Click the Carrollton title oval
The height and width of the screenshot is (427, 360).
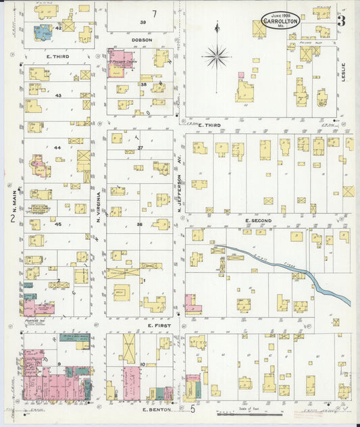[x=280, y=21]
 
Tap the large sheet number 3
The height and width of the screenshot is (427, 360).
[x=342, y=20]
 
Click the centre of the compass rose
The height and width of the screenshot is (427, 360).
[x=216, y=56]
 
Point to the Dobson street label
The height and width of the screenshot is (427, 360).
[x=142, y=40]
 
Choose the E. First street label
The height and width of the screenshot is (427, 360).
[x=159, y=325]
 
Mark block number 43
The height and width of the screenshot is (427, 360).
[x=58, y=95]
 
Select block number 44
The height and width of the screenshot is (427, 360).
[x=57, y=147]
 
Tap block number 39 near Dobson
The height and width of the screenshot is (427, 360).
[x=143, y=22]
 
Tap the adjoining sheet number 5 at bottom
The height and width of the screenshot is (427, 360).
[x=192, y=408]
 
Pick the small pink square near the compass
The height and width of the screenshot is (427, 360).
[x=240, y=75]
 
